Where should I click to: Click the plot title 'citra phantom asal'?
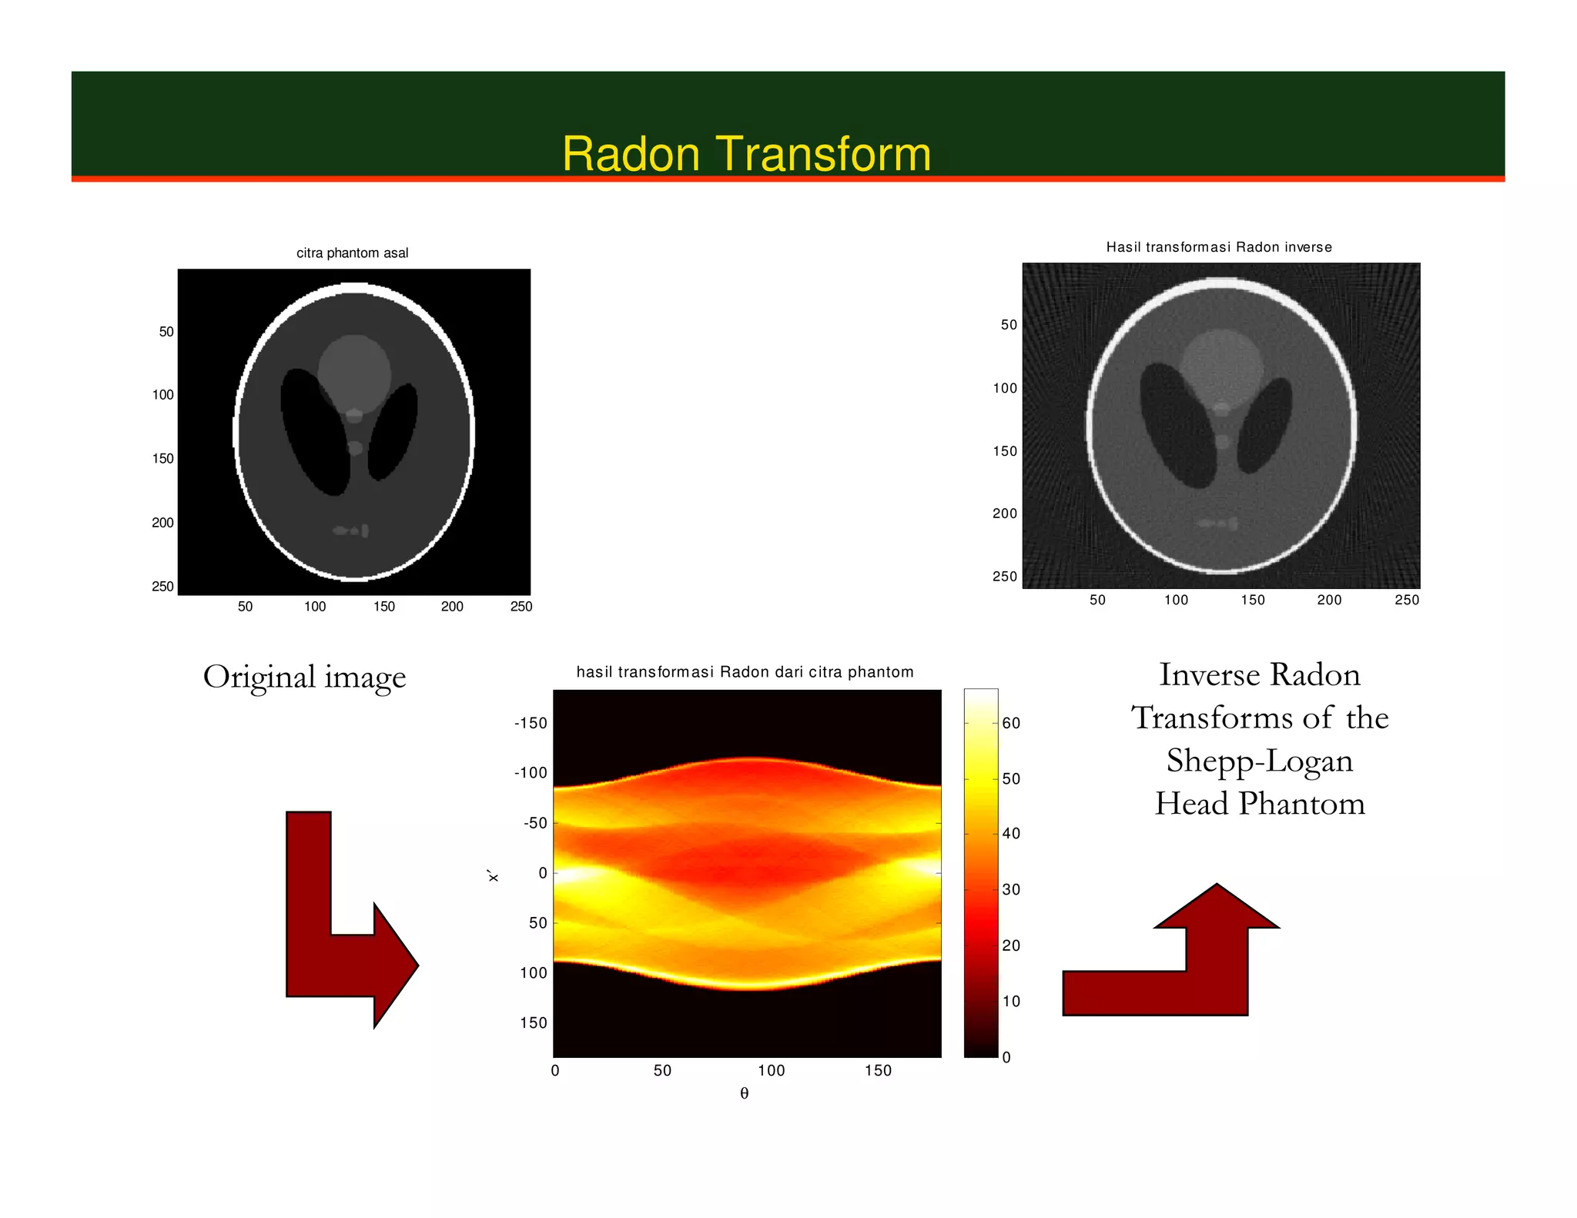pos(352,253)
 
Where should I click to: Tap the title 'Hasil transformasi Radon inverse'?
pos(1218,247)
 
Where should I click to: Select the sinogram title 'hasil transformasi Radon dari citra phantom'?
pos(745,672)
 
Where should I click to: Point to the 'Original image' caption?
pos(304,677)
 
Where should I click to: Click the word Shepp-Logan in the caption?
pos(1259,761)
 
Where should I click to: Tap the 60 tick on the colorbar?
pos(1011,723)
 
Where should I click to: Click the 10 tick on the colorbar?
pos(1011,1002)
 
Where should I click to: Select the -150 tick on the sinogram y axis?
pos(531,723)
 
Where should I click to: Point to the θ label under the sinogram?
pos(744,1093)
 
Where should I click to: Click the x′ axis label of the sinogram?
pos(493,875)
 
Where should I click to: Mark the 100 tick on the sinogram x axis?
pos(771,1071)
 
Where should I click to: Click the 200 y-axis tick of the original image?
pos(162,523)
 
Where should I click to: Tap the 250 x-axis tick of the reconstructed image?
pos(1406,600)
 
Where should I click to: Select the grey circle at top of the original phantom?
pos(354,370)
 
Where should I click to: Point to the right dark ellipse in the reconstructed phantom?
pos(1264,426)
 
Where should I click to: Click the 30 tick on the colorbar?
pos(1011,890)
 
